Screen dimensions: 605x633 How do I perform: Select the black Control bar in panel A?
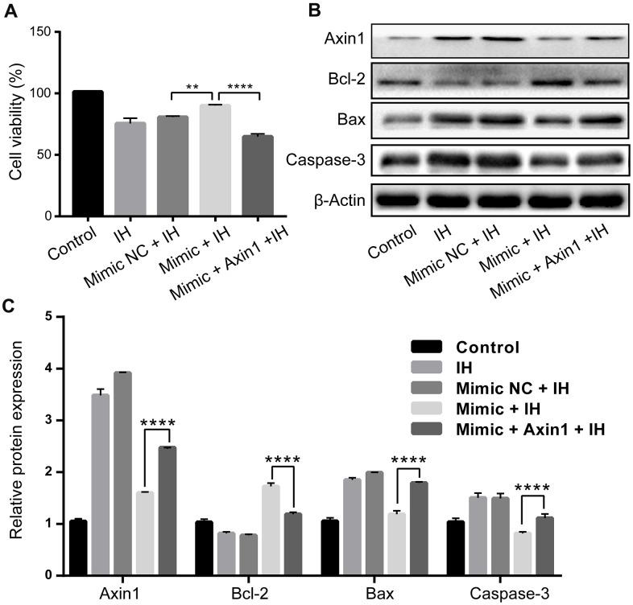pos(87,154)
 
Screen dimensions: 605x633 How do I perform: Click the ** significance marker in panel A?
pos(193,85)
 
